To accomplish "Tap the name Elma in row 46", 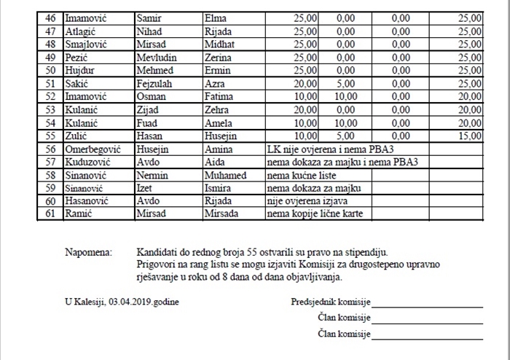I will point(216,17).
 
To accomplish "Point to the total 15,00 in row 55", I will point(469,136).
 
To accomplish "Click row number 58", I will point(50,175).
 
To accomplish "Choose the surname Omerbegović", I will point(93,149).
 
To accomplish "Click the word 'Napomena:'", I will point(89,252).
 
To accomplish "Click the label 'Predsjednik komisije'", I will point(331,302).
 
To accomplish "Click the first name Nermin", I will point(152,175).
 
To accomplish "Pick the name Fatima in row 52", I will point(219,96).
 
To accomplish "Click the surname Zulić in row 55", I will point(76,136).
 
